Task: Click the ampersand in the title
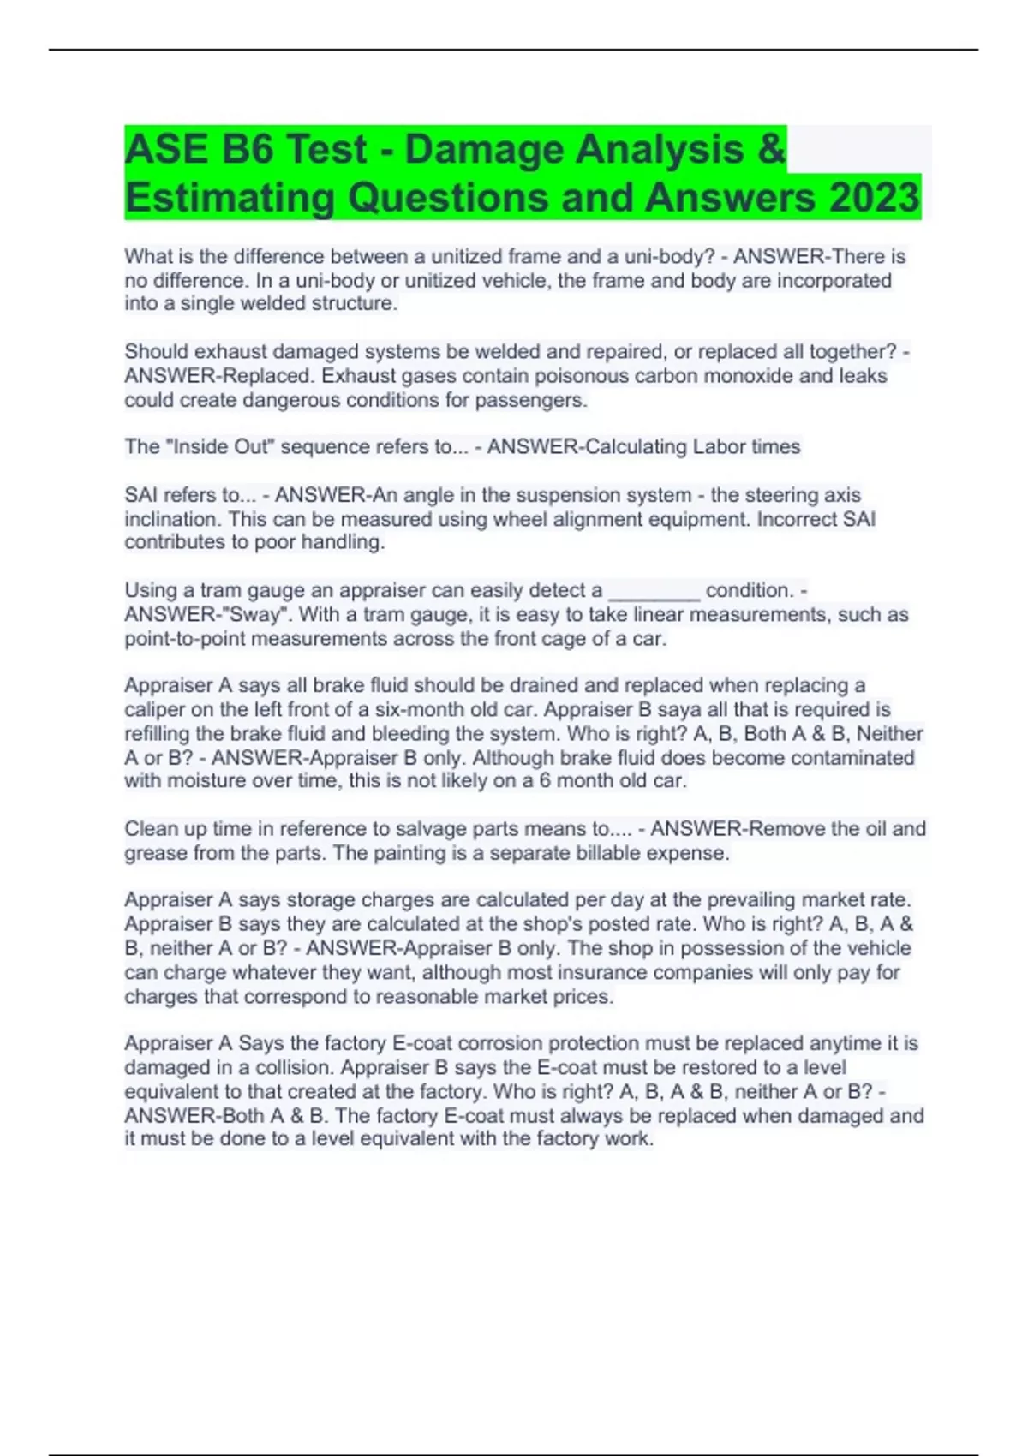(x=771, y=149)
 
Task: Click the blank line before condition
(x=654, y=591)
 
